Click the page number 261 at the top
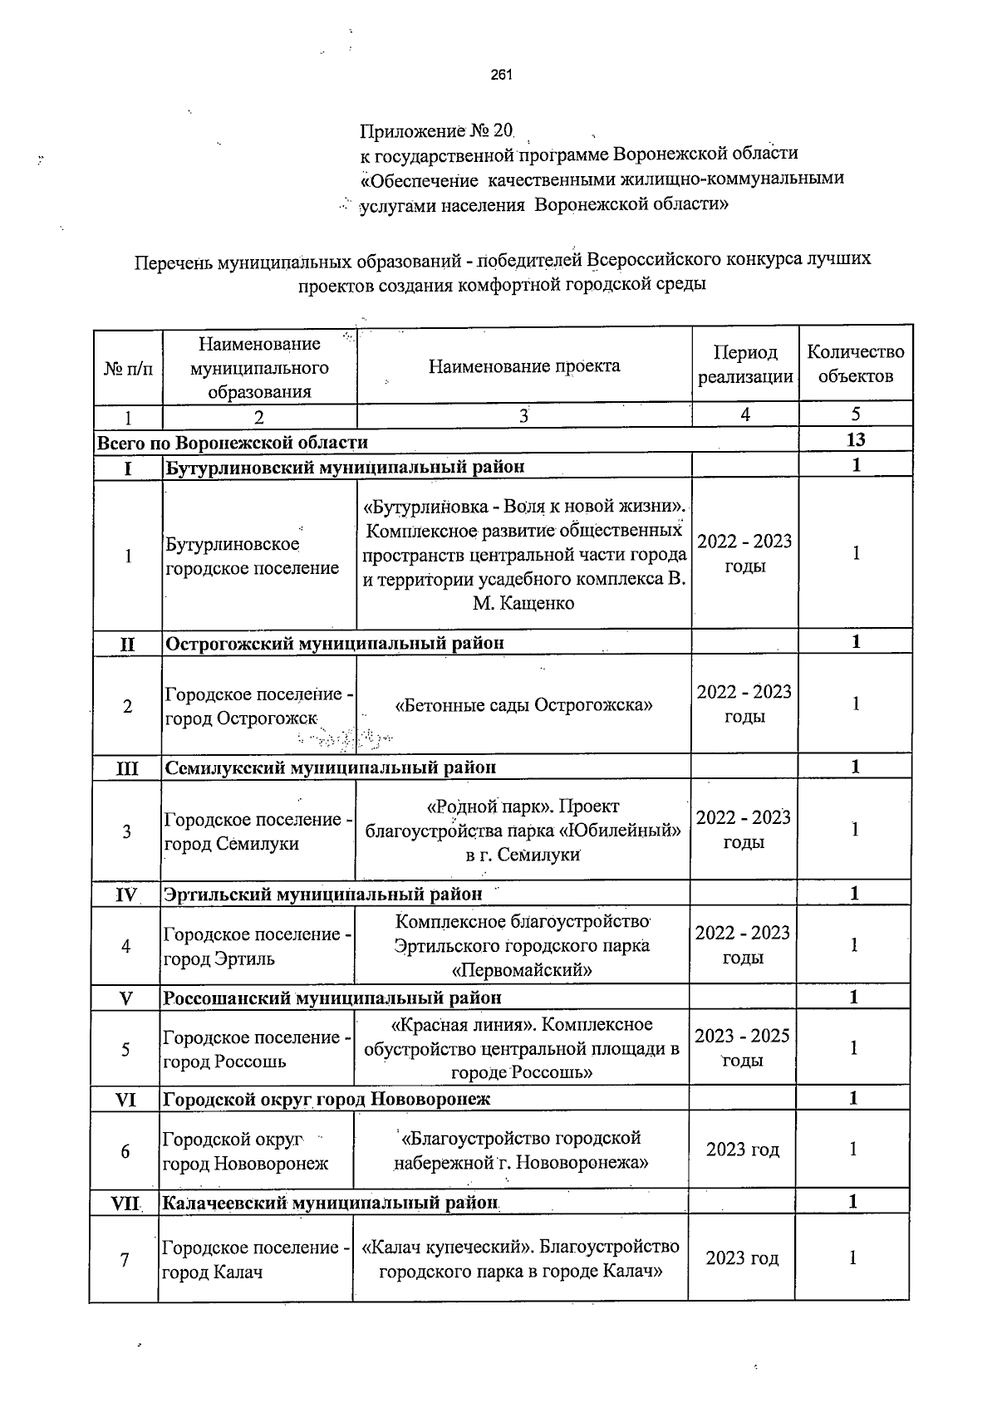point(501,76)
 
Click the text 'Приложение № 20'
point(437,131)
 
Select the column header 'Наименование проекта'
point(524,366)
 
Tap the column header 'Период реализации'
point(745,365)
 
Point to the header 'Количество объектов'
point(855,364)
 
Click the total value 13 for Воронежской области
point(855,440)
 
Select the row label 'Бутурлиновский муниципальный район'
point(345,467)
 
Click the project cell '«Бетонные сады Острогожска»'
point(523,705)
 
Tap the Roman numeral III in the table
point(127,767)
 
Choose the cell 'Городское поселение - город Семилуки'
point(258,831)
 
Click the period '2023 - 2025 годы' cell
point(742,1048)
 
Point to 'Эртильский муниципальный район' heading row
point(323,895)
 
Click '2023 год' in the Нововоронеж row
point(742,1150)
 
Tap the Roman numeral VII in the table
point(125,1203)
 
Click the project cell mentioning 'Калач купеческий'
point(521,1259)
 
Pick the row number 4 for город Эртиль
point(126,946)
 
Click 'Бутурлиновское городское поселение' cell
point(252,557)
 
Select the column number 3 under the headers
point(523,415)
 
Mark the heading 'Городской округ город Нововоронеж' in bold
point(327,1099)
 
